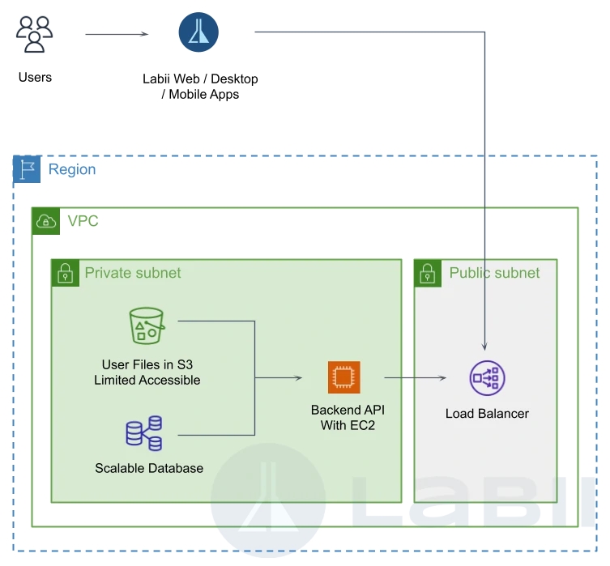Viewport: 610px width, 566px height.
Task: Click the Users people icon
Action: click(x=35, y=34)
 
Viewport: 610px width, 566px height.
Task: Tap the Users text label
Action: click(x=35, y=78)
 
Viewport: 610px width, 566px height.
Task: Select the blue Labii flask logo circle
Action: click(x=198, y=32)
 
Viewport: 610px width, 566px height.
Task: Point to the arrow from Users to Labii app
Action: click(x=117, y=34)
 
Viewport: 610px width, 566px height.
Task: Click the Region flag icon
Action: click(x=27, y=169)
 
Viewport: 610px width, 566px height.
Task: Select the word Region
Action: click(x=72, y=169)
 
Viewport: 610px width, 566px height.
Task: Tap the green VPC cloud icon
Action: click(x=46, y=221)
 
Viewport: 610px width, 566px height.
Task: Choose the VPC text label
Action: click(x=83, y=221)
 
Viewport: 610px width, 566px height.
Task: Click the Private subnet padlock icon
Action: click(x=65, y=273)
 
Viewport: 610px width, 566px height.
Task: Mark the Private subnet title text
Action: click(x=133, y=273)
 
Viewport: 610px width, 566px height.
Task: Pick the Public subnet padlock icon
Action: click(x=428, y=273)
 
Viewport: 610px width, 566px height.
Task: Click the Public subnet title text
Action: click(x=494, y=273)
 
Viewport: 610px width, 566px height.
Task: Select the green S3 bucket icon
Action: click(x=147, y=326)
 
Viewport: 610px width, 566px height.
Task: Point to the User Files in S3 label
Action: click(x=147, y=372)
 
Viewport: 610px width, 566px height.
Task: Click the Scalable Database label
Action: click(x=149, y=468)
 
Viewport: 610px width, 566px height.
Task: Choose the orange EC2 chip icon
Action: click(x=344, y=377)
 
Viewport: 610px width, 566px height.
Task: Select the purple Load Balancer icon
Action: click(x=488, y=378)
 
